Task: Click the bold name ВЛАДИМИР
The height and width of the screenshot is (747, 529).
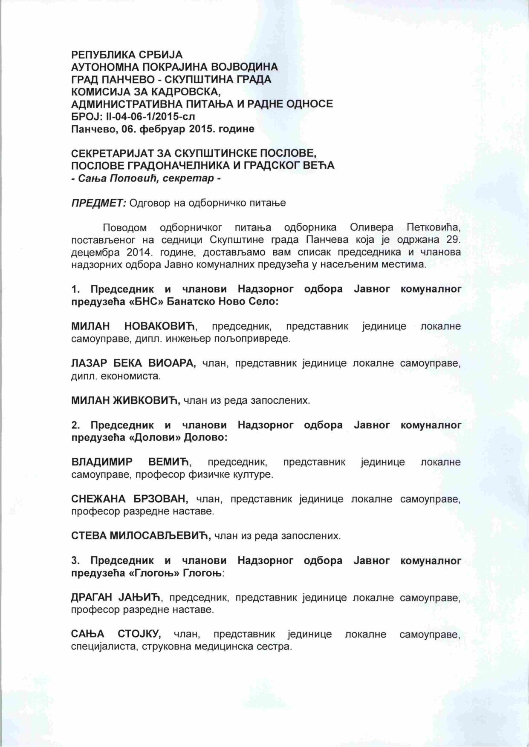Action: [102, 462]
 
